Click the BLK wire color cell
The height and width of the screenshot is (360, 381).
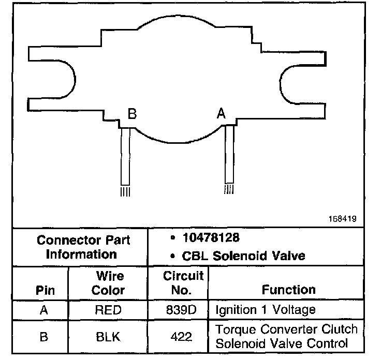pyautogui.click(x=108, y=337)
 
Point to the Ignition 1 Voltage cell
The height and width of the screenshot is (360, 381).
pyautogui.click(x=265, y=310)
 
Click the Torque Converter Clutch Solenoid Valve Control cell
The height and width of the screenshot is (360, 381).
pyautogui.click(x=286, y=336)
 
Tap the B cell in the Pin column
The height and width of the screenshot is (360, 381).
pyautogui.click(x=45, y=337)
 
